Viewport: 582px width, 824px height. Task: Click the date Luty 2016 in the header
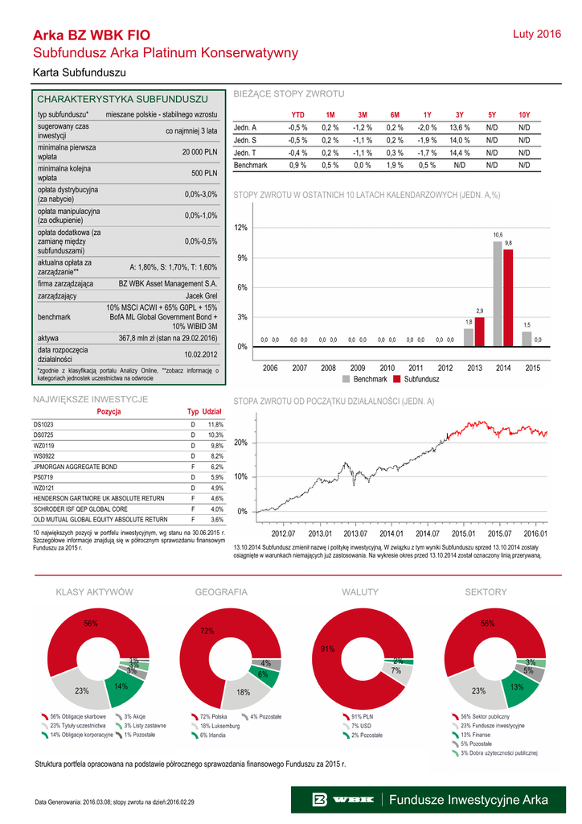tap(536, 35)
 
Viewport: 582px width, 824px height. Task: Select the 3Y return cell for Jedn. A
tap(459, 128)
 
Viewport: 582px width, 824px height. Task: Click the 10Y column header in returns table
tap(524, 115)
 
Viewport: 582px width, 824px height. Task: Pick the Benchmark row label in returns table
tap(250, 165)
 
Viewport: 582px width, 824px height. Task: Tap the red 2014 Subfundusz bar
tap(508, 297)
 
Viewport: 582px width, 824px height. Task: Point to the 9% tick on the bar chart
tap(240, 257)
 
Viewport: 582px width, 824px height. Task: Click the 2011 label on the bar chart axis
tap(416, 368)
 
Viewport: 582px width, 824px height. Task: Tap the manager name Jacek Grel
tap(201, 296)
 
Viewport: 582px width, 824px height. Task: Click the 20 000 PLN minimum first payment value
tap(200, 151)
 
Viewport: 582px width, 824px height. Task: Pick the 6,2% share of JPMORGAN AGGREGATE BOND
tap(215, 466)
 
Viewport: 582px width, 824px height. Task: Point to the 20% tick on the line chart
tap(240, 443)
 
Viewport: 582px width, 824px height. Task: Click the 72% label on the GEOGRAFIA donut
tap(207, 632)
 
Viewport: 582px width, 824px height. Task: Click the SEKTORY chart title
tap(486, 592)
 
